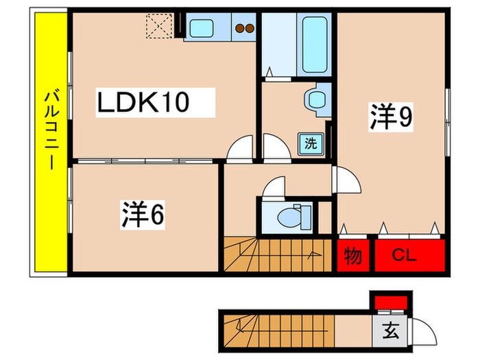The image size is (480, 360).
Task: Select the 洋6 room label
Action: click(143, 216)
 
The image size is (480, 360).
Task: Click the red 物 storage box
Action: click(353, 256)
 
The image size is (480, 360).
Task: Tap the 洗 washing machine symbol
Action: click(311, 144)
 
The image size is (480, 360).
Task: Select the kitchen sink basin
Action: click(202, 29)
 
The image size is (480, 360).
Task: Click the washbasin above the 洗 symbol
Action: click(317, 99)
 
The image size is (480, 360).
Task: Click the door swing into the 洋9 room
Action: click(346, 182)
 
